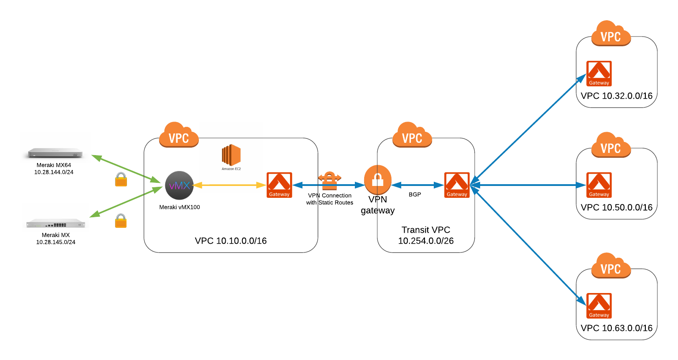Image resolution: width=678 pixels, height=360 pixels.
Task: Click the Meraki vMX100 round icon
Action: (x=179, y=186)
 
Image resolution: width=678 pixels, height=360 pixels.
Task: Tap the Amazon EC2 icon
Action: (x=231, y=155)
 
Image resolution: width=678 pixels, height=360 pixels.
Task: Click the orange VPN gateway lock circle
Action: (x=378, y=179)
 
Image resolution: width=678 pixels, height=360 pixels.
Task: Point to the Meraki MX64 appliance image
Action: (x=55, y=153)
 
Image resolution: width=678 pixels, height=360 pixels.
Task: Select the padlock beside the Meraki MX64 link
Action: (x=121, y=179)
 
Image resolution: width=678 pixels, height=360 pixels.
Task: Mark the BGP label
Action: (x=415, y=194)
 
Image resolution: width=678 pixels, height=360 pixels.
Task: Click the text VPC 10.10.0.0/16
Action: (x=231, y=241)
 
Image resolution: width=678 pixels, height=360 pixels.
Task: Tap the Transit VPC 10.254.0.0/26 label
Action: (x=426, y=235)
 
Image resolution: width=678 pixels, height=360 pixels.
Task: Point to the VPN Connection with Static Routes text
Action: (x=330, y=199)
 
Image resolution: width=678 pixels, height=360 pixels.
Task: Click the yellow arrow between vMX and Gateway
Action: (x=229, y=185)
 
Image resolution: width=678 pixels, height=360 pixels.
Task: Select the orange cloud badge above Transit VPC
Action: (x=412, y=135)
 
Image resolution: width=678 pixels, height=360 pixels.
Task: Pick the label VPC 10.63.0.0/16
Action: (x=616, y=328)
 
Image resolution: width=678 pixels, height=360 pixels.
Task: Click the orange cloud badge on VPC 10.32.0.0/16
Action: (x=611, y=34)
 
